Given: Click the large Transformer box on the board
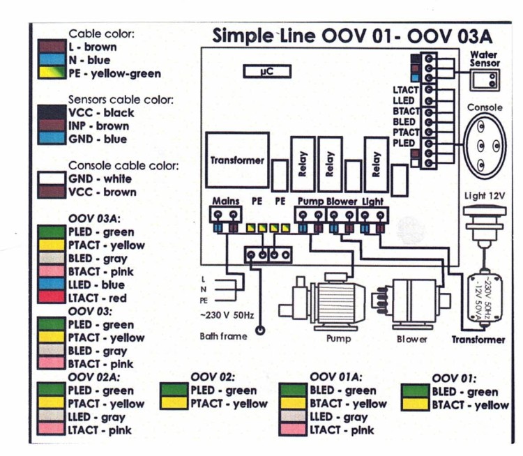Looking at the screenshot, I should [x=237, y=160].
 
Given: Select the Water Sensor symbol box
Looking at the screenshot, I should [x=485, y=81].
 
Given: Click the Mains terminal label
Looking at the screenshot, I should [x=225, y=201].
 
